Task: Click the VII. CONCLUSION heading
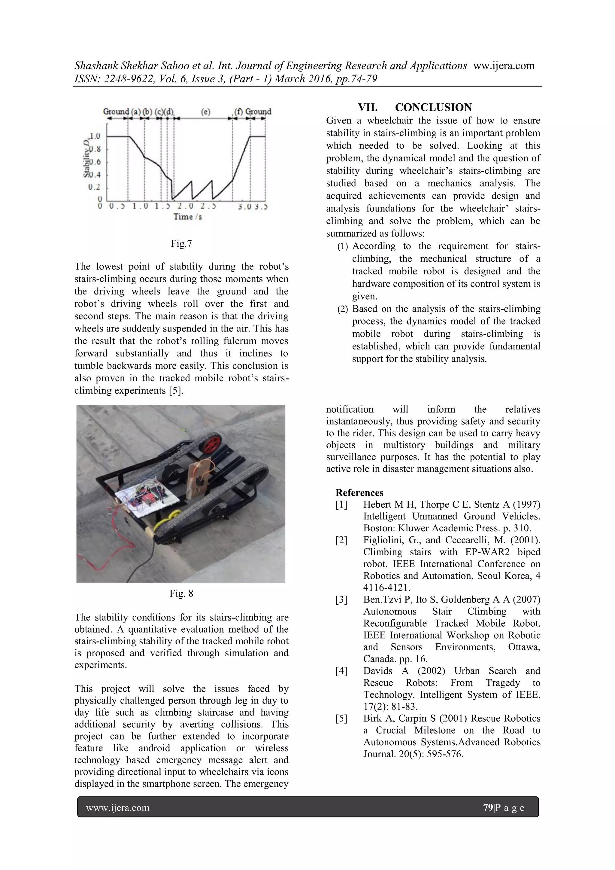pyautogui.click(x=415, y=107)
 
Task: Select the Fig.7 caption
pyautogui.click(x=181, y=244)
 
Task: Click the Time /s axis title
pyautogui.click(x=187, y=217)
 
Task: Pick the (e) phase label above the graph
pyautogui.click(x=205, y=112)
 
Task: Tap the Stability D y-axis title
pyautogui.click(x=87, y=158)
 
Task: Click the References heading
pyautogui.click(x=359, y=493)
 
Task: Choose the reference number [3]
pyautogui.click(x=341, y=600)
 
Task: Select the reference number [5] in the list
pyautogui.click(x=341, y=719)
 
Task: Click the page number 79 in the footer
pyautogui.click(x=488, y=808)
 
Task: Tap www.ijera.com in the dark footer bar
pyautogui.click(x=118, y=808)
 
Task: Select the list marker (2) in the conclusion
pyautogui.click(x=342, y=309)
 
